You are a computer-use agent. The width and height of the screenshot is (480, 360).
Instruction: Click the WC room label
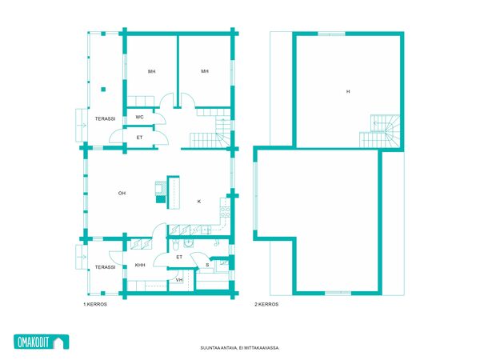click(x=139, y=117)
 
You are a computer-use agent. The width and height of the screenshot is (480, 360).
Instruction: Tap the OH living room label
click(x=122, y=193)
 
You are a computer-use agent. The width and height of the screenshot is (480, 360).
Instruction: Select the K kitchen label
click(x=199, y=202)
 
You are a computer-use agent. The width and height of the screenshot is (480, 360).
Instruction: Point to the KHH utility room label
click(x=140, y=265)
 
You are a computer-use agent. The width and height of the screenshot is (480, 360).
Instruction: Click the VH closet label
click(x=179, y=280)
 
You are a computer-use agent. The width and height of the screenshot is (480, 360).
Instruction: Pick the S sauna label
click(x=207, y=265)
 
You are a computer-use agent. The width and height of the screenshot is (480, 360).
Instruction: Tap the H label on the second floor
click(x=348, y=91)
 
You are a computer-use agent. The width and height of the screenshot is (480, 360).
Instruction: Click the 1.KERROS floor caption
click(x=95, y=304)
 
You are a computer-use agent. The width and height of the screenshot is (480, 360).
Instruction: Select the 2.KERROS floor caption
click(x=266, y=304)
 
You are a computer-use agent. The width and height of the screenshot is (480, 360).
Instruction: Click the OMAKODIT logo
click(x=42, y=342)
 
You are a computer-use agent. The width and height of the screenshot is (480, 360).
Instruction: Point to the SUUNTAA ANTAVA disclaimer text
click(x=240, y=348)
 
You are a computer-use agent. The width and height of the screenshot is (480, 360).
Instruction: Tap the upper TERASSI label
click(x=105, y=118)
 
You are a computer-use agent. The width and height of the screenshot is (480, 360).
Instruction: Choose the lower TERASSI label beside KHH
click(x=105, y=267)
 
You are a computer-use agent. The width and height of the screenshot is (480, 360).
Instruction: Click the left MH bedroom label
click(x=151, y=71)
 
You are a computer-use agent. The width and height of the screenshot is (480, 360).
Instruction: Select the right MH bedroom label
click(x=205, y=71)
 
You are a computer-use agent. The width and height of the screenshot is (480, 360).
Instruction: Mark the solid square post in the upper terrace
click(x=103, y=90)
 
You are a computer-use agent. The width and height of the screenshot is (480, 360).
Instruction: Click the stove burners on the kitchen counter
click(x=226, y=212)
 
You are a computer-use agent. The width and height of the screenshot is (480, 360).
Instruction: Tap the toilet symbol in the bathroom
click(x=175, y=244)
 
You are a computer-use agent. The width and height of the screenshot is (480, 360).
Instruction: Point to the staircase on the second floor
click(x=379, y=131)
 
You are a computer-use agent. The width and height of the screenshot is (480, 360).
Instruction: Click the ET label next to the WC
click(x=139, y=138)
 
